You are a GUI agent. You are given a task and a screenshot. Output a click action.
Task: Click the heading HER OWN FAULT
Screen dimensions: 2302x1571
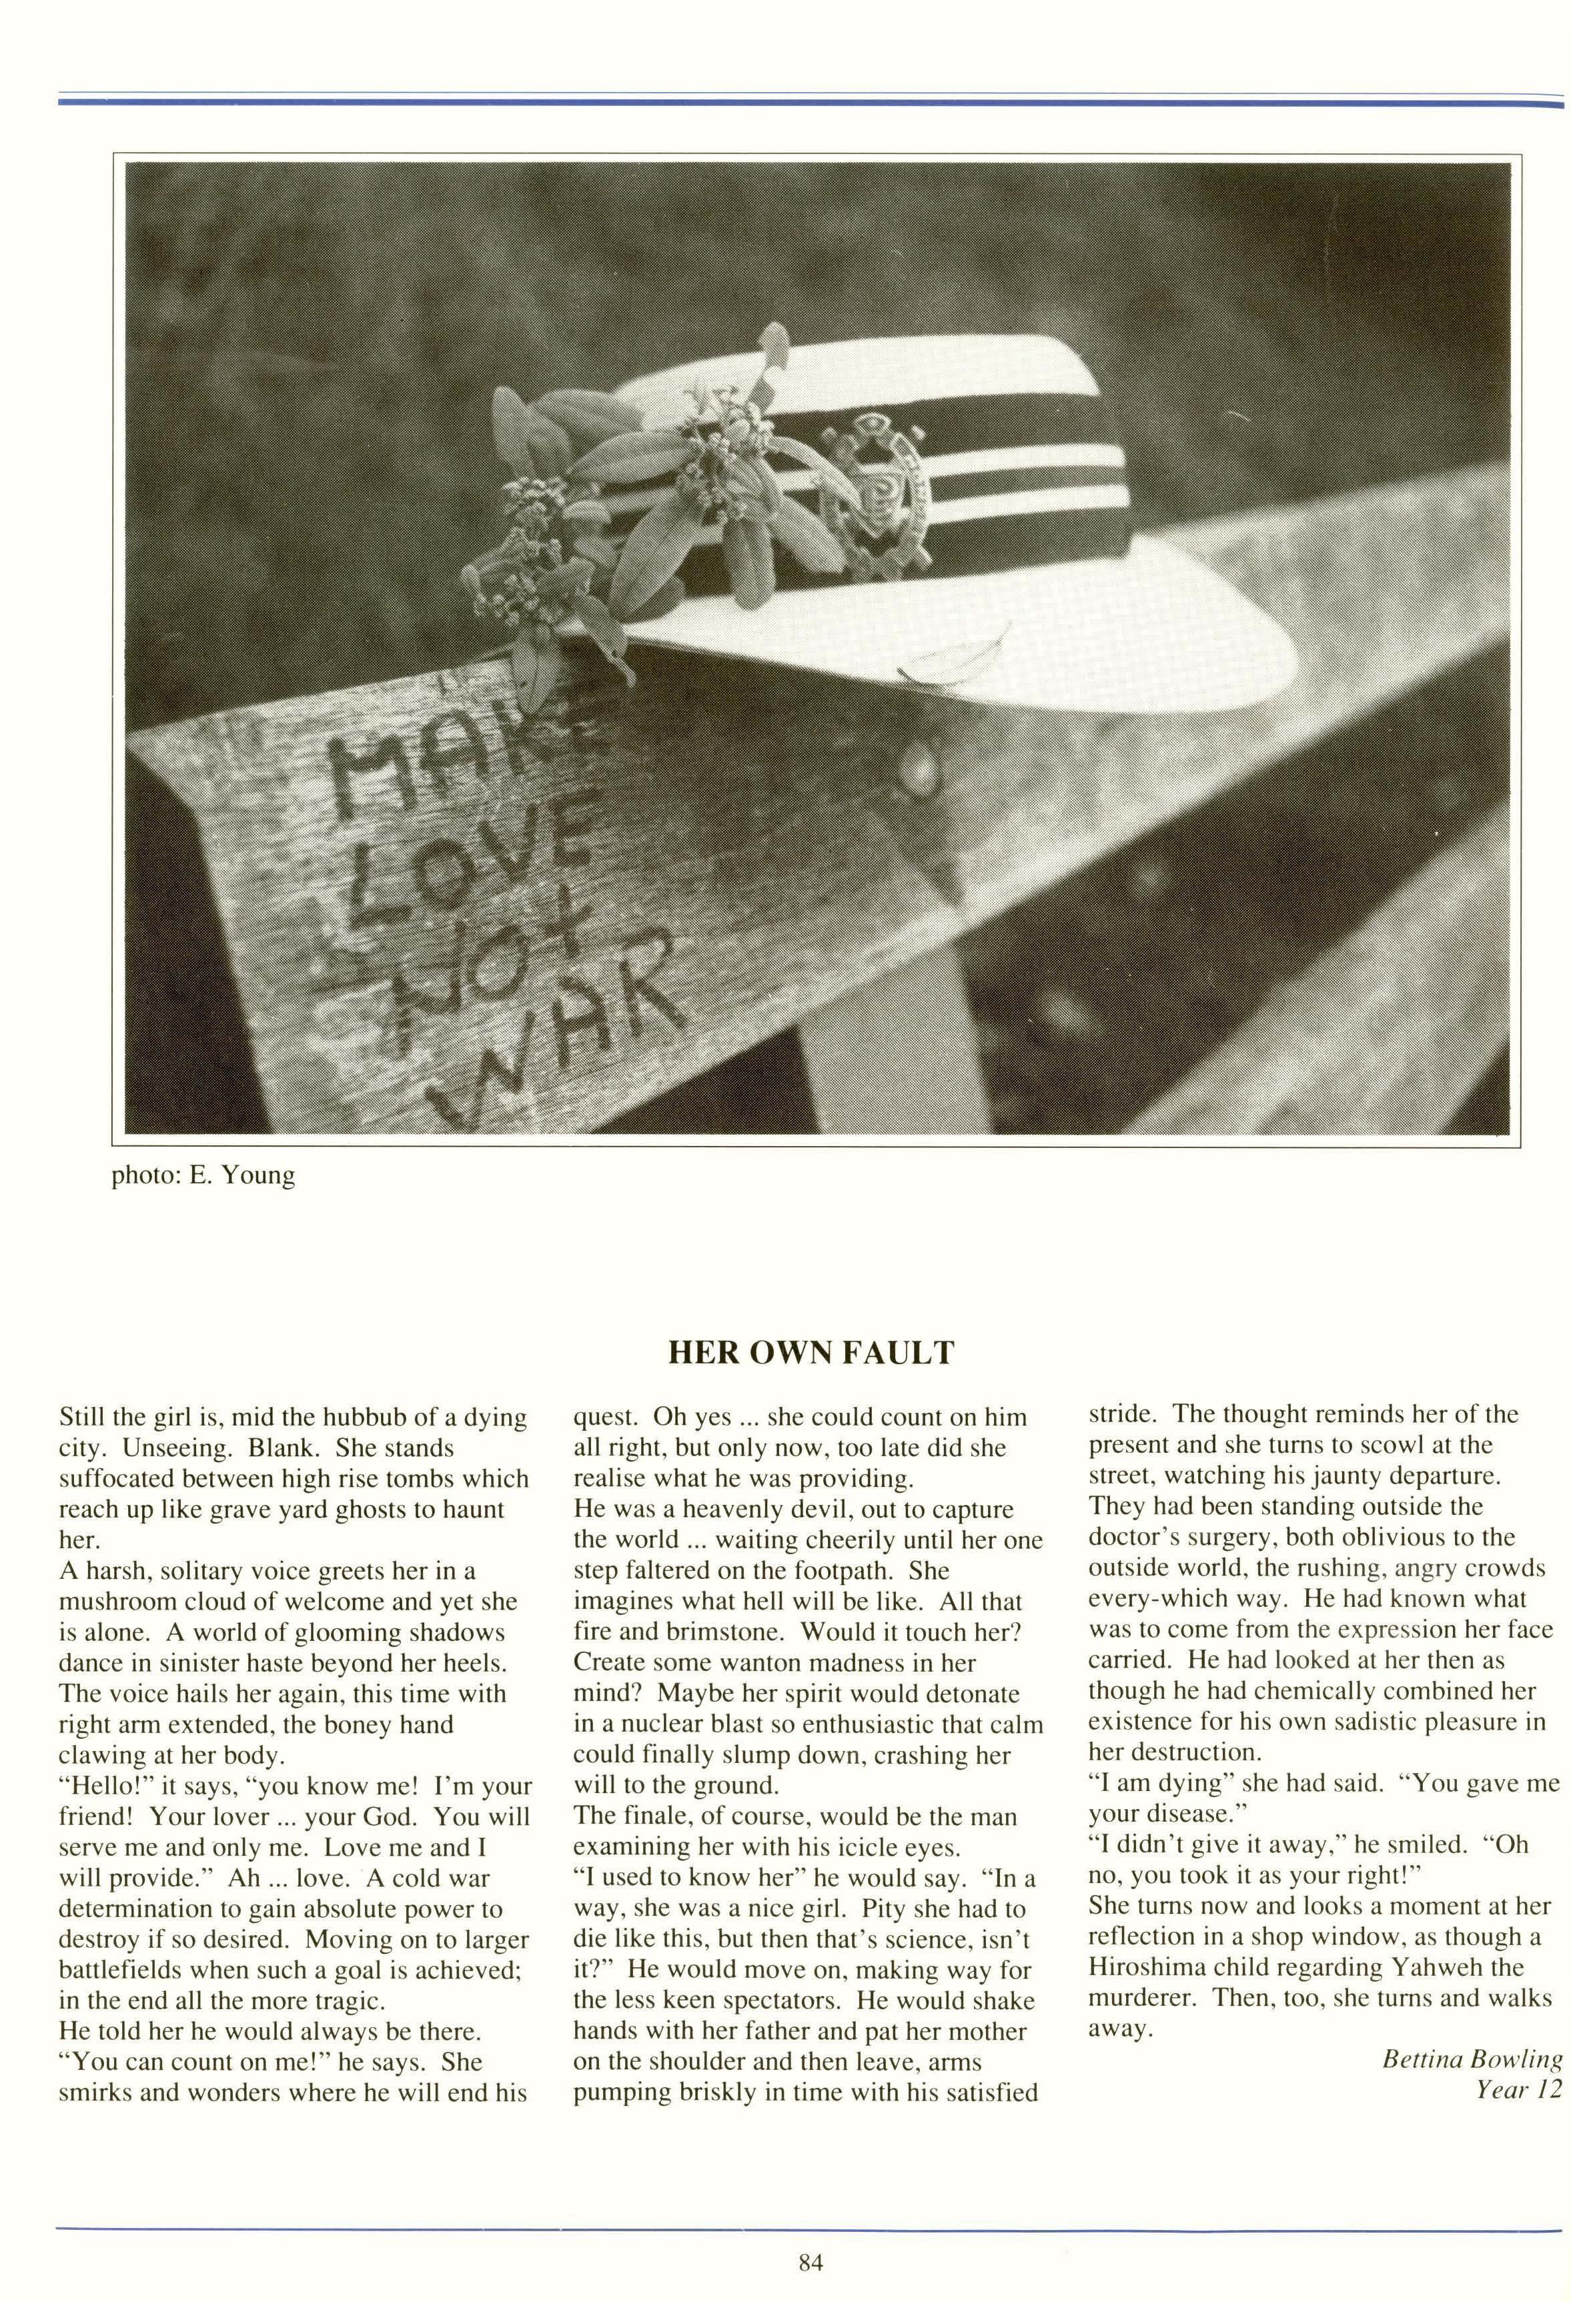[x=811, y=1353]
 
